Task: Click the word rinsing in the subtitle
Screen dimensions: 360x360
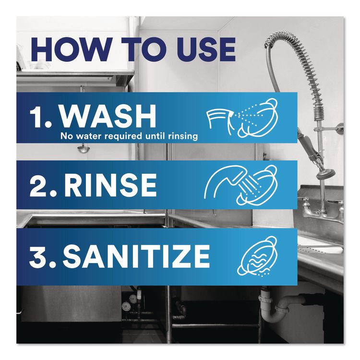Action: pyautogui.click(x=180, y=136)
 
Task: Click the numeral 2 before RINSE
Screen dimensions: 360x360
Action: pyautogui.click(x=38, y=184)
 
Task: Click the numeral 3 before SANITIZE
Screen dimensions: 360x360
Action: pyautogui.click(x=38, y=256)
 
